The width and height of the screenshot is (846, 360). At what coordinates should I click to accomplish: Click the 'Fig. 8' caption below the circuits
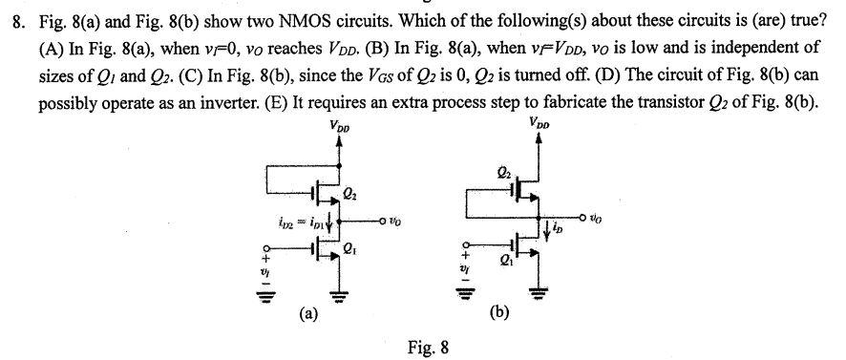[429, 348]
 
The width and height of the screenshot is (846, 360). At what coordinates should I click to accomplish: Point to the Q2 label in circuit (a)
[349, 198]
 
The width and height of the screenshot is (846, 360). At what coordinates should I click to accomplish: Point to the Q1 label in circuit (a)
[349, 252]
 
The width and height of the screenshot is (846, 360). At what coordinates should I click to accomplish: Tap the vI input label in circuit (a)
[266, 271]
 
